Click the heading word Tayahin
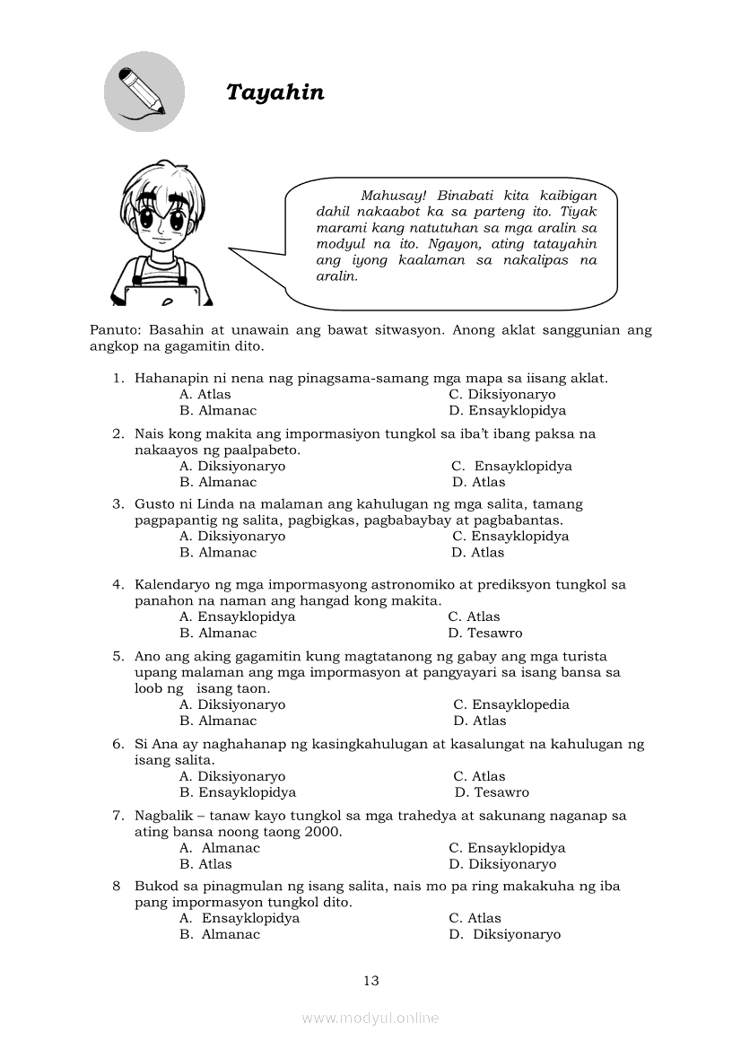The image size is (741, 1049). tap(275, 92)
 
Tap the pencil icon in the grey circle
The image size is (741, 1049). tap(144, 92)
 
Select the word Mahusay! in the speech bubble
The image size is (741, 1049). tap(392, 196)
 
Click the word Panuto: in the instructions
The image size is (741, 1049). tap(115, 329)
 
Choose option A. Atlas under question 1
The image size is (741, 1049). tap(205, 394)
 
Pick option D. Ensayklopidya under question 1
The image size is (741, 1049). tap(507, 410)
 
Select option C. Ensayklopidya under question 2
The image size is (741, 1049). tap(511, 466)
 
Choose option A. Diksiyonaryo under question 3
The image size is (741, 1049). tap(232, 536)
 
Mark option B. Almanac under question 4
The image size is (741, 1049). tap(218, 633)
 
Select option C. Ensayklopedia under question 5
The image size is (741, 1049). tap(510, 704)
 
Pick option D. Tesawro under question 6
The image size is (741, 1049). tap(492, 792)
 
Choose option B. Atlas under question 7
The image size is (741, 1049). tap(205, 864)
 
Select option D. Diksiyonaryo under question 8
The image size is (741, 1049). tap(504, 934)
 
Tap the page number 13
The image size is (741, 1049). tap(371, 981)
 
